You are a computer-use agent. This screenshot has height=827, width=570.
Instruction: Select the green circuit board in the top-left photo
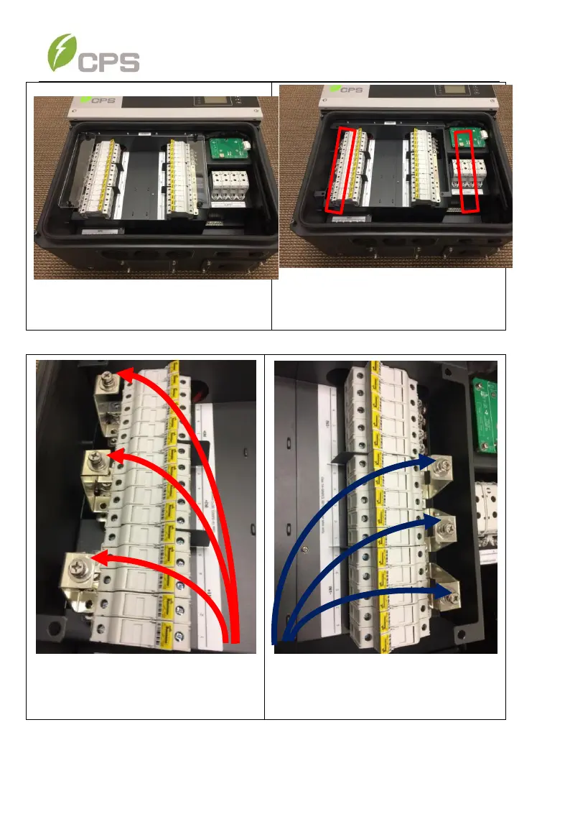[x=228, y=150]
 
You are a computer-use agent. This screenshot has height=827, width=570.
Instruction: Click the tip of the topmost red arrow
[x=119, y=374]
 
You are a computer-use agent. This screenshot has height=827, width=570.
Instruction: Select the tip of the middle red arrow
[x=106, y=454]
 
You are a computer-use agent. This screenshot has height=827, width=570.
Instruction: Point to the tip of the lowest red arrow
[x=94, y=555]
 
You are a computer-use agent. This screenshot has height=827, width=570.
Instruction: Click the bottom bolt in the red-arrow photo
[x=77, y=565]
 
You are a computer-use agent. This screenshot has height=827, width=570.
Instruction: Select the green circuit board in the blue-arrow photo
[x=485, y=402]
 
